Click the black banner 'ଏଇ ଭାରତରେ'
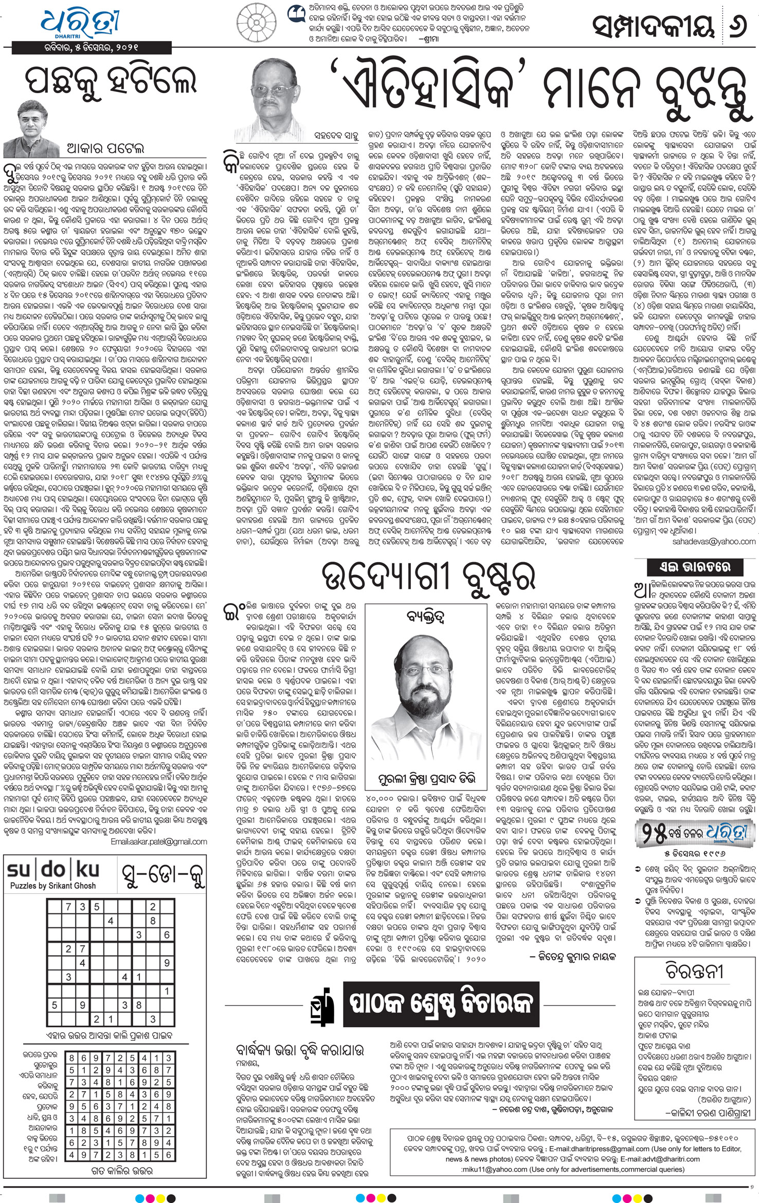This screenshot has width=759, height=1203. (695, 567)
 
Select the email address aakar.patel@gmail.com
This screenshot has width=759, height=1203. (159, 842)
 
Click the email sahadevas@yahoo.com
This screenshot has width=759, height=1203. (714, 542)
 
